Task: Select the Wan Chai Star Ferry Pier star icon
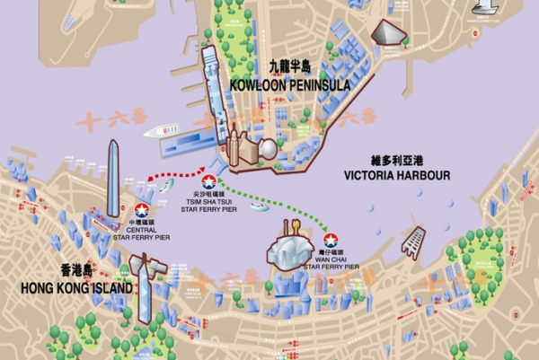pos(331,240)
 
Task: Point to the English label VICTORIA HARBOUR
pos(396,175)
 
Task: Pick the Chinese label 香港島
pos(78,271)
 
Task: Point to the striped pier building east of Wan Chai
pos(414,238)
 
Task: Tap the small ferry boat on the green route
pos(259,206)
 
